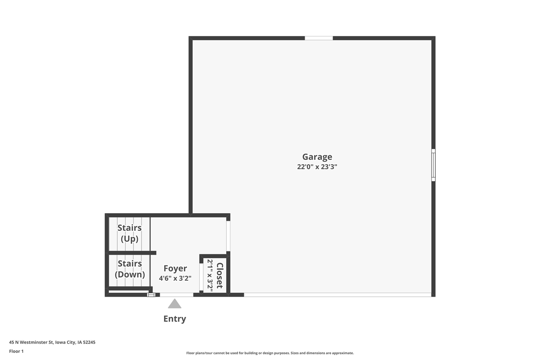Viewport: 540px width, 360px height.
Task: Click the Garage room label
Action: point(317,157)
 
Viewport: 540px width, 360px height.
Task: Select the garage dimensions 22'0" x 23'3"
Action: point(317,167)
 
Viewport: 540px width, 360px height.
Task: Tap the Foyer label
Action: point(175,268)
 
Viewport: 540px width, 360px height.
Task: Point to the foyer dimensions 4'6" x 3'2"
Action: point(175,279)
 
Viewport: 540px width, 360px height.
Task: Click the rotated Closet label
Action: point(219,275)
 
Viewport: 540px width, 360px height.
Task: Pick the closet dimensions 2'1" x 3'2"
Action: point(210,275)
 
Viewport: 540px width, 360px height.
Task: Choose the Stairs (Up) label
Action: point(130,233)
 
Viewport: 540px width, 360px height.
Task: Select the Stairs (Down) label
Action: point(130,269)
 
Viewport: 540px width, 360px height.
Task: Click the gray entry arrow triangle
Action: point(175,304)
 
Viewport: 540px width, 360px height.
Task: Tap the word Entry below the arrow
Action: point(175,319)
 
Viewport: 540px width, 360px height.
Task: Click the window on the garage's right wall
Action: point(433,165)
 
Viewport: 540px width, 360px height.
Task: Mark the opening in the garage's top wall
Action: point(319,38)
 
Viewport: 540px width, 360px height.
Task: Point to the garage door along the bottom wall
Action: point(337,295)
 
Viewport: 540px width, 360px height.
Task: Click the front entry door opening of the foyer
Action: point(176,295)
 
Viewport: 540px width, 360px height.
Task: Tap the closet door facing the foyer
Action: point(201,277)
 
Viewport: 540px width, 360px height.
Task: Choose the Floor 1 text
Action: point(16,351)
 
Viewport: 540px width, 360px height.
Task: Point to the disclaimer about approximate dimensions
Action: point(270,353)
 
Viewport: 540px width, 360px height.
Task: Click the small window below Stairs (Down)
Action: point(151,295)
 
